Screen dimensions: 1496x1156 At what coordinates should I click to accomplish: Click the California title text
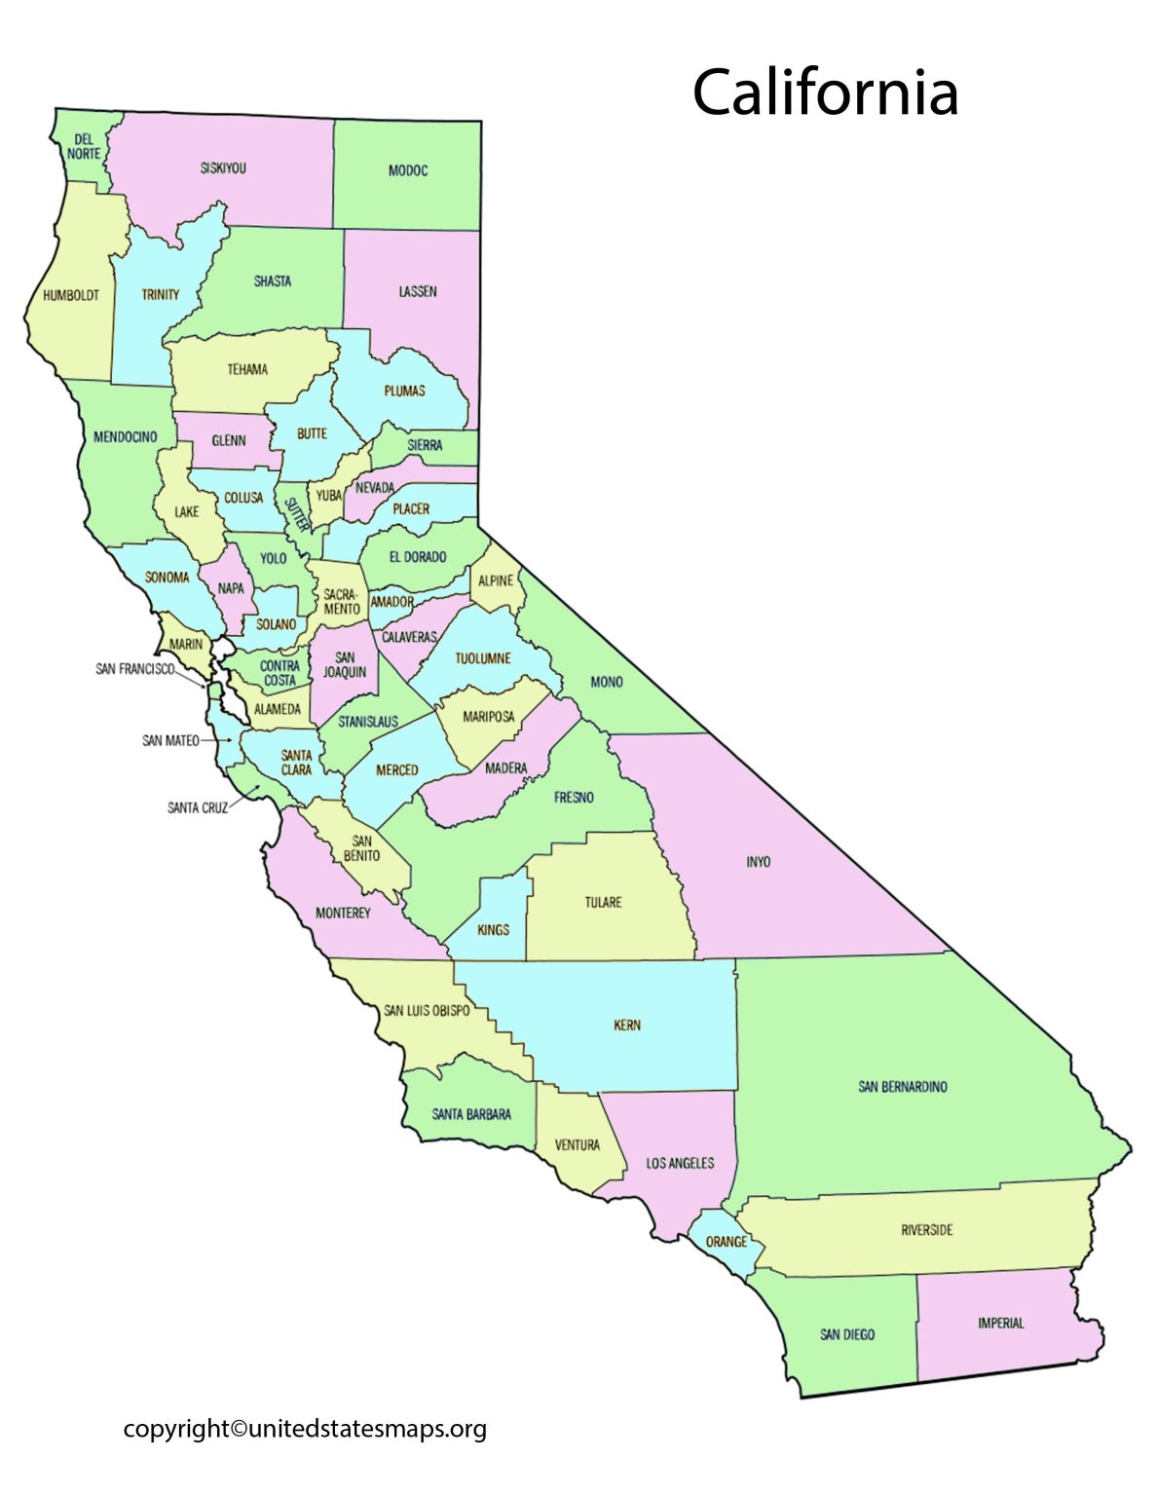tap(825, 93)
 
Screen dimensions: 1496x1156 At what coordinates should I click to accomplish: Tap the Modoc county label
tap(407, 170)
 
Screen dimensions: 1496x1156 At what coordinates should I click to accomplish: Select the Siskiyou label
tap(223, 168)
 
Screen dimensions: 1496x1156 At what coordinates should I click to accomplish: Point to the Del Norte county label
tap(84, 147)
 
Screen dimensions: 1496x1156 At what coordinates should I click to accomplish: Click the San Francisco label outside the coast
tap(135, 669)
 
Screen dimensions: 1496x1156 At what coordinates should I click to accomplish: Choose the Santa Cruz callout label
tap(198, 807)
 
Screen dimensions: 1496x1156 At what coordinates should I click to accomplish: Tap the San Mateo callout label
tap(170, 741)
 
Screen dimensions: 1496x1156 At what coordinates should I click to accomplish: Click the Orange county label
tap(727, 1242)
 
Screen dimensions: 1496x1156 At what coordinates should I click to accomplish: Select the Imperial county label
tap(1000, 1324)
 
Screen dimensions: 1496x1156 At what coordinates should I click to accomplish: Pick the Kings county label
tap(493, 930)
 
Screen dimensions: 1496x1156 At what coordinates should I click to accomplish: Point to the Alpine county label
tap(496, 581)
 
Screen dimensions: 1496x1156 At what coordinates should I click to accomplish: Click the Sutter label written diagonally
tap(296, 512)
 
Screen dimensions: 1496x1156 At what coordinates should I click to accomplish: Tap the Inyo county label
tap(758, 862)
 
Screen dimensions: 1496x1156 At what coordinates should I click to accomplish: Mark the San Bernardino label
tap(902, 1087)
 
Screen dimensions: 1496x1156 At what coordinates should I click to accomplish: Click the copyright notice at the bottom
tap(305, 1429)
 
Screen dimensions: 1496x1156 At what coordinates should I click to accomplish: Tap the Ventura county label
tap(577, 1145)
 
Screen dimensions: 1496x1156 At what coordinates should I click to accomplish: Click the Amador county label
tap(392, 602)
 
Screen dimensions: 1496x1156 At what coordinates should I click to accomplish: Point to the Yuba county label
tap(329, 496)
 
